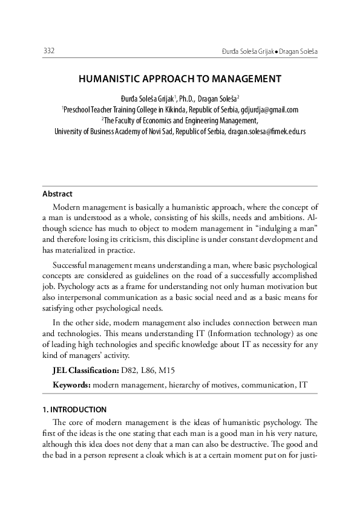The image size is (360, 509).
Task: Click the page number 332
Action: coord(49,51)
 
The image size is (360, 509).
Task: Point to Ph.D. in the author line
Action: coord(189,99)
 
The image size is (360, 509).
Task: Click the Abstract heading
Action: coord(57,194)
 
